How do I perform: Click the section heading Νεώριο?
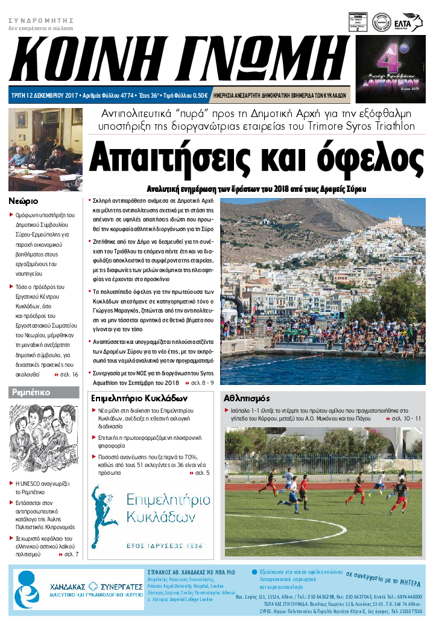pyautogui.click(x=24, y=200)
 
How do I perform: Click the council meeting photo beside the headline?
pyautogui.click(x=45, y=142)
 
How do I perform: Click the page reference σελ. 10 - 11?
pyautogui.click(x=405, y=418)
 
